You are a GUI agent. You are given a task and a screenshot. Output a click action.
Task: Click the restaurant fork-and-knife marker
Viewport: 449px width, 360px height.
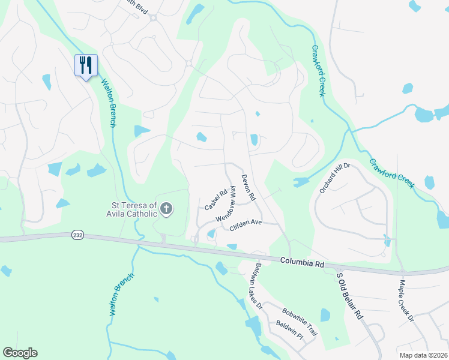[85, 65]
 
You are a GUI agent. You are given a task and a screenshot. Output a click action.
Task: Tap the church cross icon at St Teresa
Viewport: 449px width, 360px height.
[166, 209]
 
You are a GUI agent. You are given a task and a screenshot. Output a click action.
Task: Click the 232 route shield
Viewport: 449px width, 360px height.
[76, 233]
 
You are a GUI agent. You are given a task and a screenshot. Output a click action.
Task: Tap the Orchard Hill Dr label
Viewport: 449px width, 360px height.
[334, 178]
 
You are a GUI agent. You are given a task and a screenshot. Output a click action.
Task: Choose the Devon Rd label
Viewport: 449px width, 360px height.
[249, 187]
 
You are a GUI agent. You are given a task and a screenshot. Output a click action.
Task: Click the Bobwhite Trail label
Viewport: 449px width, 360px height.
[300, 322]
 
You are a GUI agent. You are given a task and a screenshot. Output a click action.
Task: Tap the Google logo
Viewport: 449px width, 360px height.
[20, 352]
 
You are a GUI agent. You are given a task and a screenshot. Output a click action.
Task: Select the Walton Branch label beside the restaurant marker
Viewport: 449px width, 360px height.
[108, 103]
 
